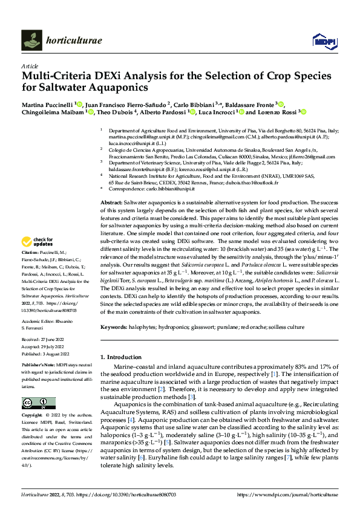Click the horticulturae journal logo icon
(x=31, y=40)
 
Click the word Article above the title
(x=30, y=66)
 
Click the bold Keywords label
(x=116, y=327)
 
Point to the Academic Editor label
(x=40, y=322)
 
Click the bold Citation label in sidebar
(x=30, y=268)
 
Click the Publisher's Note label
(x=38, y=366)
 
